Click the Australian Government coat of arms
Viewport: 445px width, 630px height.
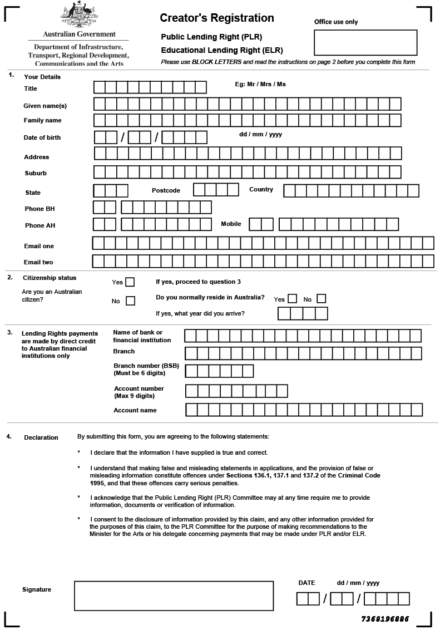[x=78, y=16]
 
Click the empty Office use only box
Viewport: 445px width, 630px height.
[x=365, y=42]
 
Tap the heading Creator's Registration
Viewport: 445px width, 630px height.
[x=217, y=18]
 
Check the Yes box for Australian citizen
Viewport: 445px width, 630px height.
[x=130, y=282]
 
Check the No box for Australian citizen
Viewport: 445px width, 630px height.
[x=130, y=301]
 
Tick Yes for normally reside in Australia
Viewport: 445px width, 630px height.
[x=292, y=299]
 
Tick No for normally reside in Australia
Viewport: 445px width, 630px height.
[x=321, y=299]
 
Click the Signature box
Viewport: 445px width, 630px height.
[x=174, y=595]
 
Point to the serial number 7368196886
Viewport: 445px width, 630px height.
[x=385, y=619]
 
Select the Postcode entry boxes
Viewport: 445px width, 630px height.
[x=216, y=190]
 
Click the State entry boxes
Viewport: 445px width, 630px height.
[x=111, y=191]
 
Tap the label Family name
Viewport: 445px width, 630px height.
[x=43, y=120]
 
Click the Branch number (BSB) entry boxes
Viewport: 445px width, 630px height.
[x=219, y=371]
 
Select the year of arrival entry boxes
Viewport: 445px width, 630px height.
[x=303, y=314]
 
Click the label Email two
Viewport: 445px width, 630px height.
[x=38, y=262]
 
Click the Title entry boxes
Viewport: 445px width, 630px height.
[x=150, y=87]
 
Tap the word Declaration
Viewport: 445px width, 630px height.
[x=41, y=437]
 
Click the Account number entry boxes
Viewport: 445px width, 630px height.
[x=236, y=391]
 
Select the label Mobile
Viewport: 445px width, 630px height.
[x=231, y=224]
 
